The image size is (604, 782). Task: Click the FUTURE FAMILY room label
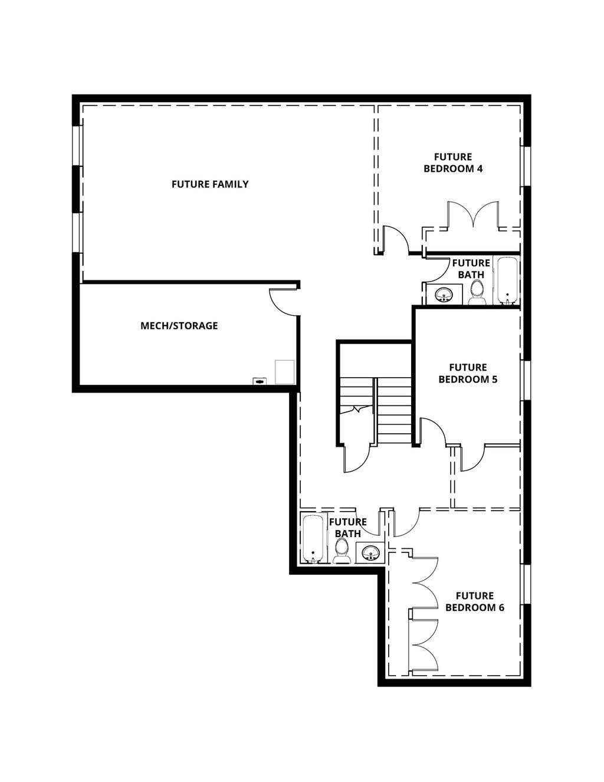tap(210, 184)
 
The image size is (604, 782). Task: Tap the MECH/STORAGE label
tap(179, 326)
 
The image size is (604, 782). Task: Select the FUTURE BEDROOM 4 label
tap(453, 163)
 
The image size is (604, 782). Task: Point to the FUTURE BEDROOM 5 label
tap(468, 374)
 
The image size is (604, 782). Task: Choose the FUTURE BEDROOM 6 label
tap(474, 602)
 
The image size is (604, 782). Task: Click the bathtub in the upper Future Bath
tap(507, 281)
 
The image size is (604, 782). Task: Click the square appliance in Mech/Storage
tap(284, 372)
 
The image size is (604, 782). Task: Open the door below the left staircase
tap(356, 457)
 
